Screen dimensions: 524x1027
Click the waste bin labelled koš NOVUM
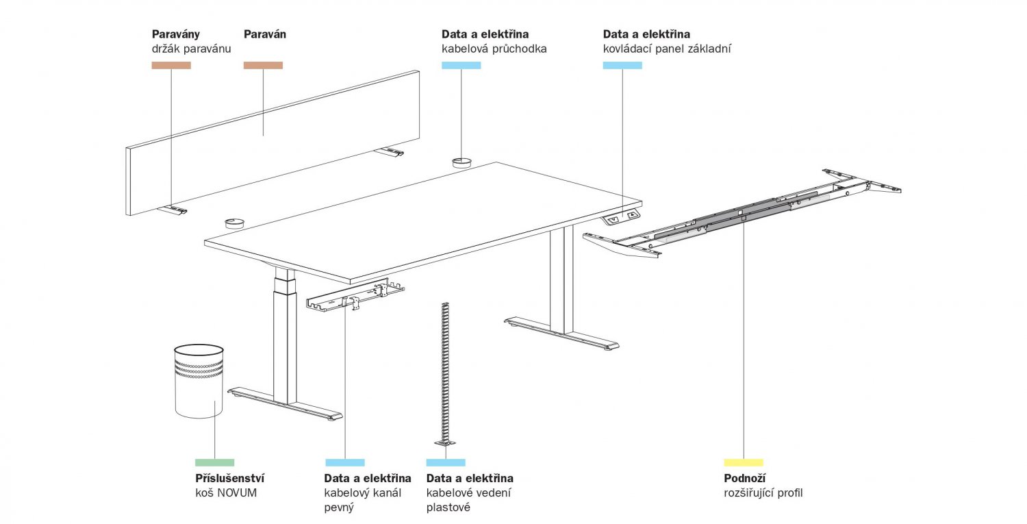pyautogui.click(x=199, y=381)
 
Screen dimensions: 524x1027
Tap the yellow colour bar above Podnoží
pyautogui.click(x=743, y=462)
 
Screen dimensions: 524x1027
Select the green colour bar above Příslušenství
pyautogui.click(x=214, y=462)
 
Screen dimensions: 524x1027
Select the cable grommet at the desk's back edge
pyautogui.click(x=461, y=162)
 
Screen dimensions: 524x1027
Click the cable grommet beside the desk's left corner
pyautogui.click(x=234, y=222)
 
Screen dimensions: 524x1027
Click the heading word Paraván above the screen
pyautogui.click(x=265, y=34)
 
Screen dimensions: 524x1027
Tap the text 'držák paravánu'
pyautogui.click(x=191, y=49)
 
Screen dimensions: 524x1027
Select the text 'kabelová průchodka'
pyautogui.click(x=494, y=49)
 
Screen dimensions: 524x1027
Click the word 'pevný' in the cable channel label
pyautogui.click(x=339, y=508)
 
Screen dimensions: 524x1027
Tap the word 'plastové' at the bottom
pyautogui.click(x=448, y=508)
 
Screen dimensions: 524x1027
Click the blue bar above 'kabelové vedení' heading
pyautogui.click(x=446, y=462)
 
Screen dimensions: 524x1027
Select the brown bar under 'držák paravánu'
pyautogui.click(x=171, y=65)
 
